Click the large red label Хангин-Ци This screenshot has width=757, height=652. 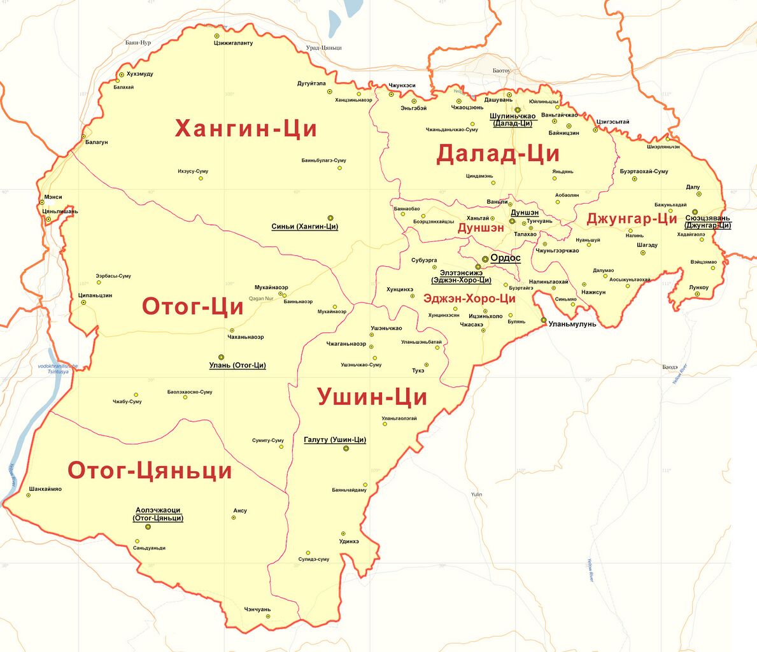click(246, 129)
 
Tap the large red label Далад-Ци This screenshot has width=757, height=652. click(497, 154)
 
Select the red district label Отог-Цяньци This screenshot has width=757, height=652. click(150, 471)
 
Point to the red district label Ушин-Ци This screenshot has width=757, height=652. click(372, 397)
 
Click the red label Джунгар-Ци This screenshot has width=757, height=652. click(632, 218)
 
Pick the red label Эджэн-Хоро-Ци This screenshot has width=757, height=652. click(469, 299)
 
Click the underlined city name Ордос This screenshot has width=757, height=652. click(506, 259)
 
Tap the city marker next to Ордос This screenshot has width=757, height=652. click(485, 259)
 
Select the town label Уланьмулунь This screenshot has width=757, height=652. click(573, 324)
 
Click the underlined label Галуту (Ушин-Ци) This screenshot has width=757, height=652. click(335, 440)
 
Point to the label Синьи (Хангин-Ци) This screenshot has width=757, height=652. click(304, 227)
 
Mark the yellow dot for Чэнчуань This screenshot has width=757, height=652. click(268, 616)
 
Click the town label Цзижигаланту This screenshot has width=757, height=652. click(232, 43)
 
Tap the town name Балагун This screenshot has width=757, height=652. click(97, 143)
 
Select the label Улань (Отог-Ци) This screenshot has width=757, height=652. click(237, 365)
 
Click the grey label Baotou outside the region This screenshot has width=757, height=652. click(502, 71)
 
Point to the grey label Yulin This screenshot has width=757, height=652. click(477, 495)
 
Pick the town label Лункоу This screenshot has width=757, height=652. click(698, 288)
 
